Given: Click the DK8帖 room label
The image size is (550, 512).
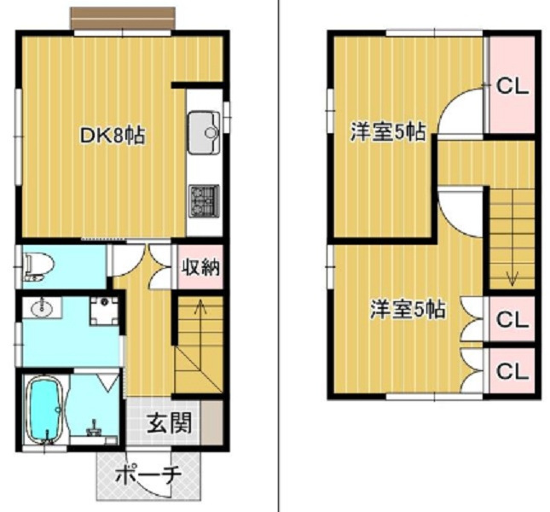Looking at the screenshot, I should (x=111, y=135).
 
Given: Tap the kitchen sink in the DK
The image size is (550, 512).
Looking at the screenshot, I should (x=204, y=131).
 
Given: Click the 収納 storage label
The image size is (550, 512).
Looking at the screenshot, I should (x=200, y=267).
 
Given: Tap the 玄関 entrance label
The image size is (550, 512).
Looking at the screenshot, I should (x=166, y=422).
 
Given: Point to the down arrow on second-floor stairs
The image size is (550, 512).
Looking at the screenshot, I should (x=512, y=275).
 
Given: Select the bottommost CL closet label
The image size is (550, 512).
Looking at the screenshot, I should (x=512, y=371).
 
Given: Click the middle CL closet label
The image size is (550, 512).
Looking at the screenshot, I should (x=512, y=320).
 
